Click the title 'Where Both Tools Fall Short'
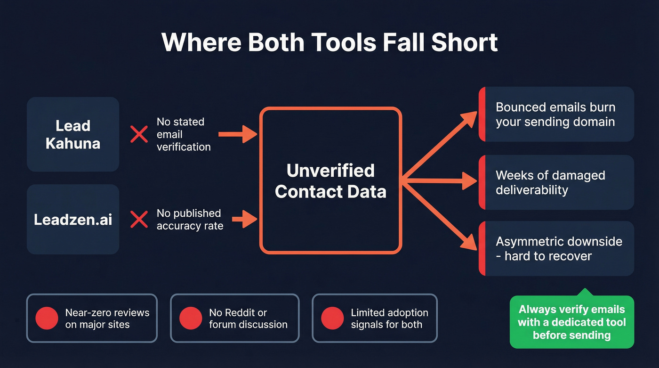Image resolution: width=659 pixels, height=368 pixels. point(329,42)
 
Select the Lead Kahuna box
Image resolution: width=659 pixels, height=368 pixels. point(73,134)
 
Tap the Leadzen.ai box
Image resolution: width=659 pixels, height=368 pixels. point(73,219)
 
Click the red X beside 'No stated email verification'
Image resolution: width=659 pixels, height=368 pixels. point(139,134)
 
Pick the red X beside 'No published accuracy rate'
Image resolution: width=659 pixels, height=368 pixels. point(139,220)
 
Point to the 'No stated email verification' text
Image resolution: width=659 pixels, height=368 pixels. point(184,134)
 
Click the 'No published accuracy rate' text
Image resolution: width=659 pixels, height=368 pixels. point(190,220)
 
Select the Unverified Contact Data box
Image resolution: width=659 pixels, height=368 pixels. point(331,180)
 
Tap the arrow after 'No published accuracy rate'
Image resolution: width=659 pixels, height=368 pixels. point(245,218)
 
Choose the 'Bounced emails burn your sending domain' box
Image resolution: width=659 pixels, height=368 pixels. point(556,114)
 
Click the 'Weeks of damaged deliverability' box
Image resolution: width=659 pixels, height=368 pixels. point(556,182)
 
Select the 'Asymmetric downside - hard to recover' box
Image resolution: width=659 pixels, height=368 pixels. point(556,249)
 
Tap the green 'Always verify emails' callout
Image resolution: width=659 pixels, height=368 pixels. point(572,322)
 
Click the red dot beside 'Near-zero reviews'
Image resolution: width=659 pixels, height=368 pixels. point(47,319)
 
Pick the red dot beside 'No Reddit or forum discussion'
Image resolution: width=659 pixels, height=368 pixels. point(191,319)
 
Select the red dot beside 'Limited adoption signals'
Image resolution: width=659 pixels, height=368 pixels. point(332,319)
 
